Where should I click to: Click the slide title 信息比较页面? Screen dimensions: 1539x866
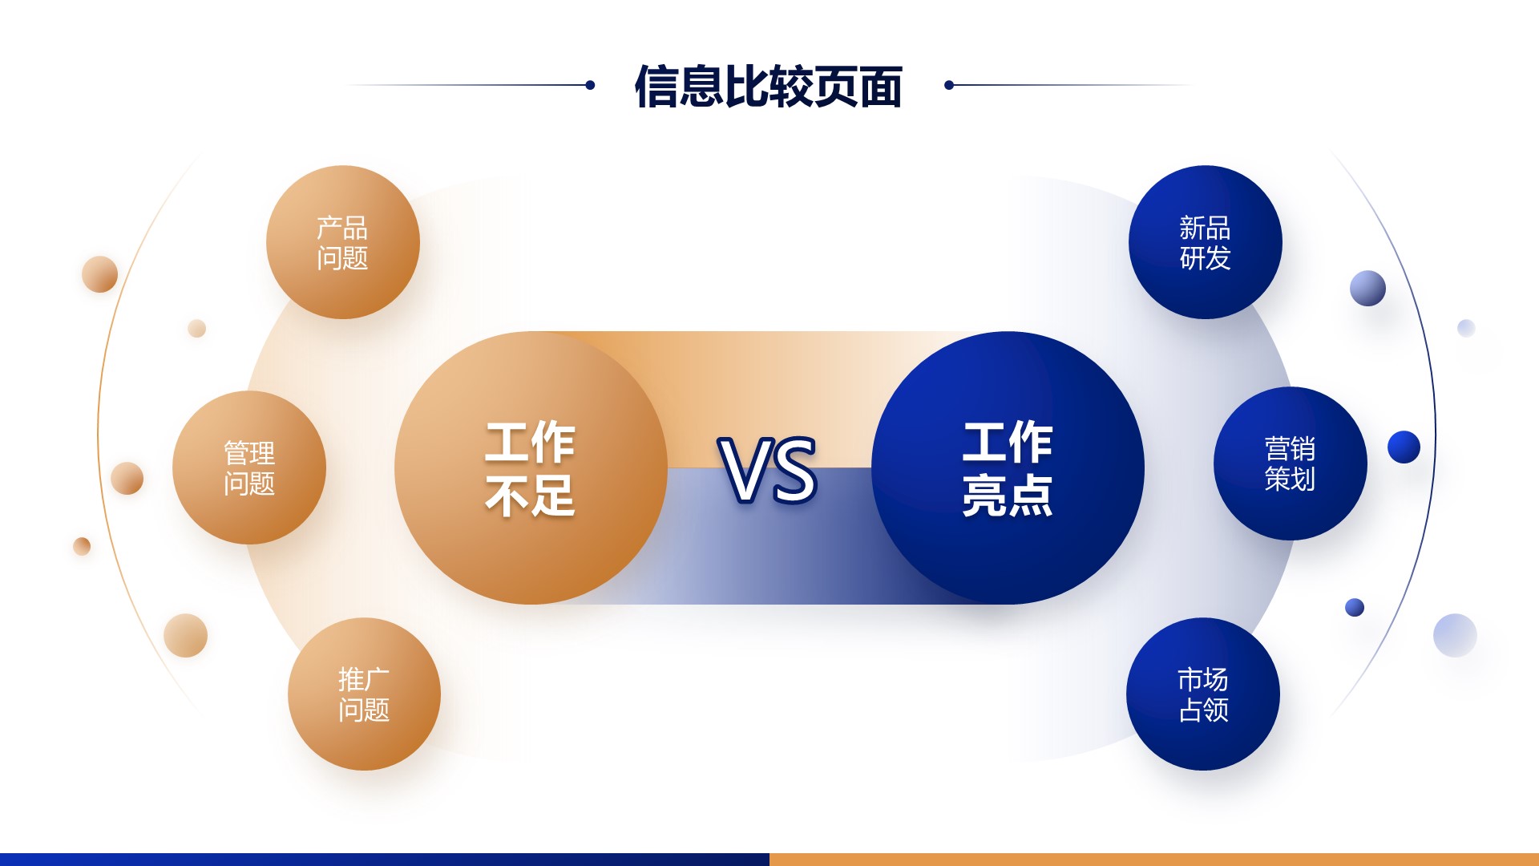[x=769, y=86]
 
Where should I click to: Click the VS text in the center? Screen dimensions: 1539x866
[x=768, y=471]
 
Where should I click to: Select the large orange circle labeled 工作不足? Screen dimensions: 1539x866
[x=531, y=467]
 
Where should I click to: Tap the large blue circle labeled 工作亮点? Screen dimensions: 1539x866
[x=1008, y=467]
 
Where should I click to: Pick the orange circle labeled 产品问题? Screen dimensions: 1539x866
[x=342, y=242]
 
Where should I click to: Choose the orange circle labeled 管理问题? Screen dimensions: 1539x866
[x=249, y=467]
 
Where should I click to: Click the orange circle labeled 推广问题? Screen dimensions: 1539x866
[x=364, y=694]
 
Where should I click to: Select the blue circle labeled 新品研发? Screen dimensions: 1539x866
[x=1205, y=242]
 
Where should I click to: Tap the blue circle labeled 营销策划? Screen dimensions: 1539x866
[x=1290, y=463]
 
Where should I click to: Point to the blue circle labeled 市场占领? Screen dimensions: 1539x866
[x=1202, y=694]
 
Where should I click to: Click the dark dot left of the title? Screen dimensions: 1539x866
[x=590, y=85]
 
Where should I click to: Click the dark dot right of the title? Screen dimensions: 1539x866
[x=949, y=85]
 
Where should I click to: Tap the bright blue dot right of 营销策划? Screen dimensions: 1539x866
[x=1404, y=447]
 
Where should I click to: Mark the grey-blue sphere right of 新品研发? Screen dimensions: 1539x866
[x=1367, y=288]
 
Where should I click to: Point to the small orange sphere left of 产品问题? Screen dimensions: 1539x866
[x=99, y=274]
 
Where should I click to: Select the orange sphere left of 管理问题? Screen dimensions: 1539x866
[x=127, y=478]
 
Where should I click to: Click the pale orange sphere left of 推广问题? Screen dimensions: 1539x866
[x=185, y=635]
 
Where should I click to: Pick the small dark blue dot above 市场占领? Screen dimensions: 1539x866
[x=1355, y=607]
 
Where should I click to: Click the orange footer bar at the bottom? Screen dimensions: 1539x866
[x=1154, y=860]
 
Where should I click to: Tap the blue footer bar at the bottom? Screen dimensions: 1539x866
[x=385, y=860]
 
